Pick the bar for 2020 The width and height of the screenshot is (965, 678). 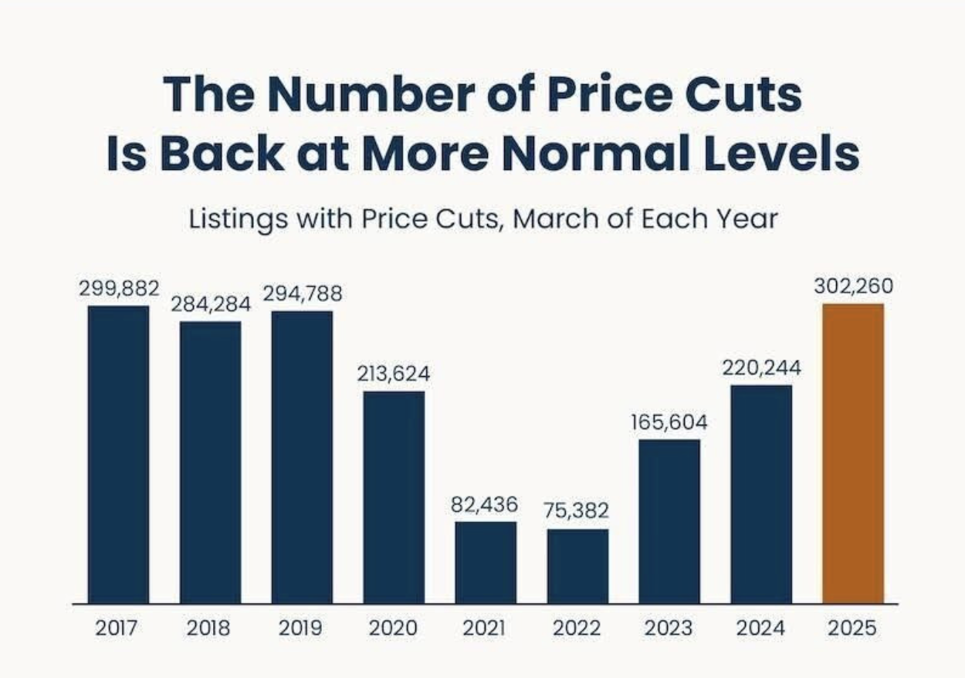click(394, 497)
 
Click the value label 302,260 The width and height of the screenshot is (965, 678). click(852, 286)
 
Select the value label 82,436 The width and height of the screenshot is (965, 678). click(485, 504)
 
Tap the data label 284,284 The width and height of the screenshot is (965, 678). click(211, 304)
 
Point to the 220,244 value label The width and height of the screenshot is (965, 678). click(761, 368)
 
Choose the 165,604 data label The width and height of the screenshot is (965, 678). click(669, 422)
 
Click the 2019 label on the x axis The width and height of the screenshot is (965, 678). click(301, 628)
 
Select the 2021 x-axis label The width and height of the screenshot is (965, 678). click(485, 628)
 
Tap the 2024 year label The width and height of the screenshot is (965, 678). click(760, 628)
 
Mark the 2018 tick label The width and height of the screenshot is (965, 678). click(209, 628)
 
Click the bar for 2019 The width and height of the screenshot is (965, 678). click(302, 457)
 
